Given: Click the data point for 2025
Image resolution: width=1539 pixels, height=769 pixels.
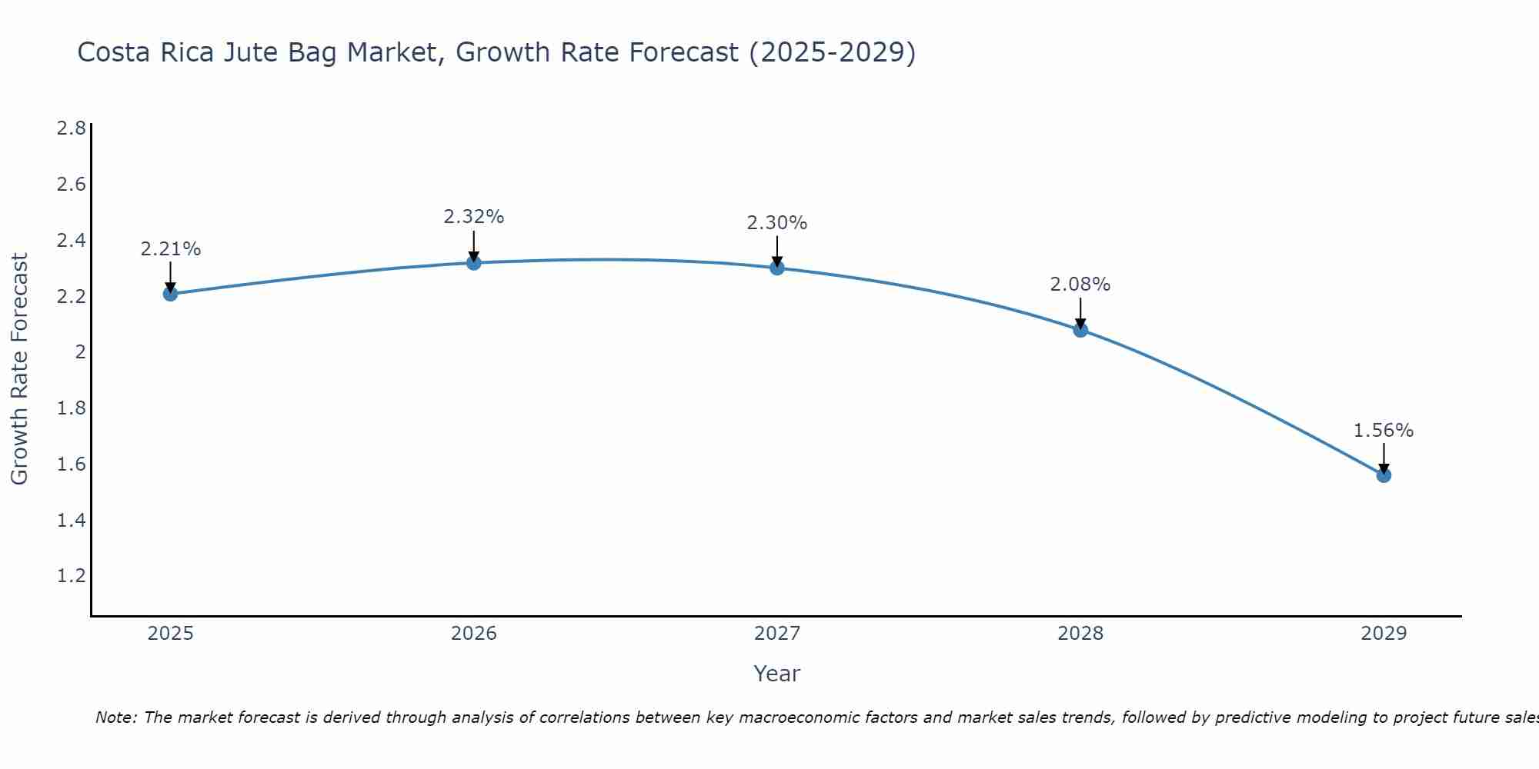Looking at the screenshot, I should (170, 294).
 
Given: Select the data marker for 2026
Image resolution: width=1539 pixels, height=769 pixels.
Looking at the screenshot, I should (474, 263).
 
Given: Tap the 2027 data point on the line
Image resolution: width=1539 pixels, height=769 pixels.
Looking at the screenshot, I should (777, 268).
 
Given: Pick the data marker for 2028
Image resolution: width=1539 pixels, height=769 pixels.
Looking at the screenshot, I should (1080, 330).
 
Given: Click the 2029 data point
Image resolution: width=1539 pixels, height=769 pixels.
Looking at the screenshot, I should (1384, 475).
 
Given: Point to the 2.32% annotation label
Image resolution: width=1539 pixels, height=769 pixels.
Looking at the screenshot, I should (474, 217).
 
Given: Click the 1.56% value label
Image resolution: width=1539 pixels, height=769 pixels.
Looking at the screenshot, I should (1384, 431).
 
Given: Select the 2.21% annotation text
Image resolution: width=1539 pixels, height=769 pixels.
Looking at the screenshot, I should (170, 249).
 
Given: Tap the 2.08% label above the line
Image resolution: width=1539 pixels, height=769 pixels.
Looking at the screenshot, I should (1080, 285).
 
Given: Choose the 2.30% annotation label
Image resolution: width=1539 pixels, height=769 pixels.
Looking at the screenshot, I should (777, 223).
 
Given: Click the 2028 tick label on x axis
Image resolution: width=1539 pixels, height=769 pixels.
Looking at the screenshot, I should (1080, 634).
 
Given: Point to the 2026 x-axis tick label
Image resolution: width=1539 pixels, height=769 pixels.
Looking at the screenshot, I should (474, 634).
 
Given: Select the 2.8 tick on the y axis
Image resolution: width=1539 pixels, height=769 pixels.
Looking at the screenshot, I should (72, 128).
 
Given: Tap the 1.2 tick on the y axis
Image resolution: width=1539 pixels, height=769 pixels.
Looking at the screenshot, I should (72, 576).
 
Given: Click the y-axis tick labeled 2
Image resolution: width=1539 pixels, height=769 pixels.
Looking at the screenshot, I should (79, 352).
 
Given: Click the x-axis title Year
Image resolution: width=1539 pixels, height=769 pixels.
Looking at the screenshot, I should (777, 674).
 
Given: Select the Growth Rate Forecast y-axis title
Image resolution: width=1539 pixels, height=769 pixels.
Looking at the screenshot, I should (19, 369).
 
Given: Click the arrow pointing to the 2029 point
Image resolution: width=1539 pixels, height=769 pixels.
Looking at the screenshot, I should (1384, 458).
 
